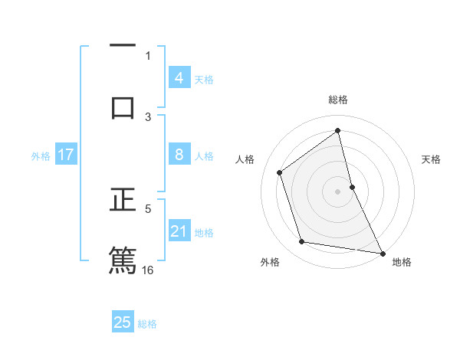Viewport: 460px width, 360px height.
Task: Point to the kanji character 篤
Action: [123, 260]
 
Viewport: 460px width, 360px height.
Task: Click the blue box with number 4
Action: [179, 78]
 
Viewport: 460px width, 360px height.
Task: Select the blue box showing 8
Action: [179, 155]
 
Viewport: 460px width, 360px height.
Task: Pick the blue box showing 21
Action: [179, 231]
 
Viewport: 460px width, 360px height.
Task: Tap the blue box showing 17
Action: [65, 155]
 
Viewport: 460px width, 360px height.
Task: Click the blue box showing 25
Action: [123, 322]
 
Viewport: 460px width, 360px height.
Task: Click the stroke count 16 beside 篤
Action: [148, 270]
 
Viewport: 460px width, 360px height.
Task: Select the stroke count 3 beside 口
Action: [148, 116]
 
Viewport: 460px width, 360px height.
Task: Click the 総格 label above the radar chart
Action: [337, 100]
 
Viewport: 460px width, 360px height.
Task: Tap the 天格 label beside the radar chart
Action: [431, 159]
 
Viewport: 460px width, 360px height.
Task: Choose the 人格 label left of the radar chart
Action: [245, 159]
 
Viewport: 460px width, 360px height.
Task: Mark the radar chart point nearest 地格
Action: [382, 252]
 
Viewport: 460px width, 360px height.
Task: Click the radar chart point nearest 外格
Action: [302, 242]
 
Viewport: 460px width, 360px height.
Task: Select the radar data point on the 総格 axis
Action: [337, 131]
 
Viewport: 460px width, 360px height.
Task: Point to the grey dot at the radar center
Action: [337, 191]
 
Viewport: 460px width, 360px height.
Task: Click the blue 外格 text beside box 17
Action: [41, 156]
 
